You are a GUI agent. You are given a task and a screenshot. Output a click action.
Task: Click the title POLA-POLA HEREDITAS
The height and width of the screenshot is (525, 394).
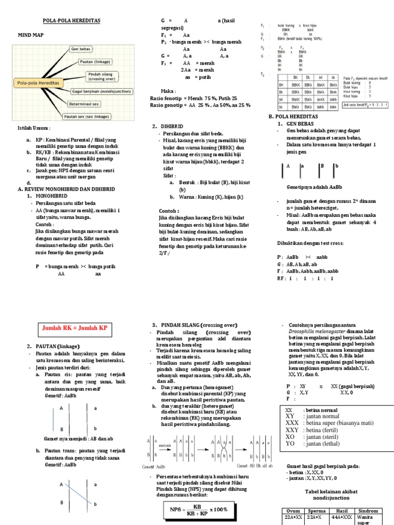[70, 21]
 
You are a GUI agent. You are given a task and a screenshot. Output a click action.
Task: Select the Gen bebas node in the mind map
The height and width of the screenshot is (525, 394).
[81, 49]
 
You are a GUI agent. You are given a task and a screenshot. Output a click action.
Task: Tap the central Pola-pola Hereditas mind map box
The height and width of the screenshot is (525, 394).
[38, 82]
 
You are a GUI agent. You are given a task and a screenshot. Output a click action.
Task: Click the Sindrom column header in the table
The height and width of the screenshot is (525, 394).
[368, 511]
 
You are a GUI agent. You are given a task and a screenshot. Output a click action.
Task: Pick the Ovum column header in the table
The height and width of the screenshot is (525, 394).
[293, 511]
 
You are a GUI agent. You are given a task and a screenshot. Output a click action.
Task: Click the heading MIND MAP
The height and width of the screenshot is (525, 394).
[32, 35]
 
